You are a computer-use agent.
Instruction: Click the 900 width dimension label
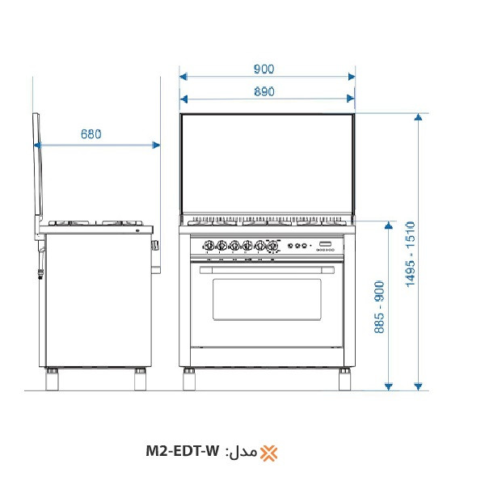coord(265,69)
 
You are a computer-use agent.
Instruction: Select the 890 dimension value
coord(265,91)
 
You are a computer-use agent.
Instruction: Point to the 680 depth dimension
coord(91,135)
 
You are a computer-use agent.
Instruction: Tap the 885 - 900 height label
coord(379,308)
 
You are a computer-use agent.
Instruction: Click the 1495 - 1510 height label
coord(410,254)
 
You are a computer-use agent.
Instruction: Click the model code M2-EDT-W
coord(183,451)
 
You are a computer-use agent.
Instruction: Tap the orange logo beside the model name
coord(269,452)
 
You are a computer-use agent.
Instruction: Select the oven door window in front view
coord(267,299)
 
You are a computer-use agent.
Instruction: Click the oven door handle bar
coord(267,261)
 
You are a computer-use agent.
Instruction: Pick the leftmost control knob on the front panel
coord(208,246)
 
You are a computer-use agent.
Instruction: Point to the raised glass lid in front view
coord(267,166)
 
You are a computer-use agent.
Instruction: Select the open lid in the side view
coord(37,174)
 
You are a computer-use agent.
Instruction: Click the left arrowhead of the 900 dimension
coord(183,77)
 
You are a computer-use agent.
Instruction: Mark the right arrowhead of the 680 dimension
coord(156,145)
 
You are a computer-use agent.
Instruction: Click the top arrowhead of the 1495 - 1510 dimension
coord(418,118)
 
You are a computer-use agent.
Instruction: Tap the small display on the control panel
coord(325,244)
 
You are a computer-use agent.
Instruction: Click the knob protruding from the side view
coord(154,244)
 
